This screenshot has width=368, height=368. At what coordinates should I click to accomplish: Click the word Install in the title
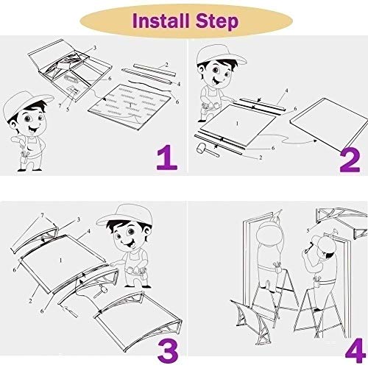(x=160, y=21)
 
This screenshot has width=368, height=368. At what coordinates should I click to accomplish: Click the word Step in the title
(x=217, y=22)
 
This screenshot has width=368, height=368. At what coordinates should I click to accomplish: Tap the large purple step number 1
(x=167, y=158)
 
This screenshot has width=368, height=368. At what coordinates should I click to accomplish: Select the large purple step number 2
(x=350, y=160)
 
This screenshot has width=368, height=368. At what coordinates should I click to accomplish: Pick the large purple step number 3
(x=168, y=350)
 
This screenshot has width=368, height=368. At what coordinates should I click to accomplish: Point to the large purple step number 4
(x=355, y=350)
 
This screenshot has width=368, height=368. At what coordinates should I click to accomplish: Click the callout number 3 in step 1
(x=95, y=48)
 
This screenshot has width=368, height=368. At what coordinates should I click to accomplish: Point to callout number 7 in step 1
(x=60, y=106)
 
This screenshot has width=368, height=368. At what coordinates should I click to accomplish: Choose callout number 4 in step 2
(x=286, y=91)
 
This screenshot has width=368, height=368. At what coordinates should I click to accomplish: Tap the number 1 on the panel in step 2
(x=237, y=124)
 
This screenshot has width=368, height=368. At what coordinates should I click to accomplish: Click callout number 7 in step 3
(x=42, y=216)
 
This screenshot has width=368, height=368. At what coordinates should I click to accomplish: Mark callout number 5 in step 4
(x=308, y=230)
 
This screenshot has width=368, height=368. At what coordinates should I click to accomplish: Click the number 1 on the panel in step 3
(x=60, y=260)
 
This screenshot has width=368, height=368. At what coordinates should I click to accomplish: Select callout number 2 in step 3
(x=30, y=300)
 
